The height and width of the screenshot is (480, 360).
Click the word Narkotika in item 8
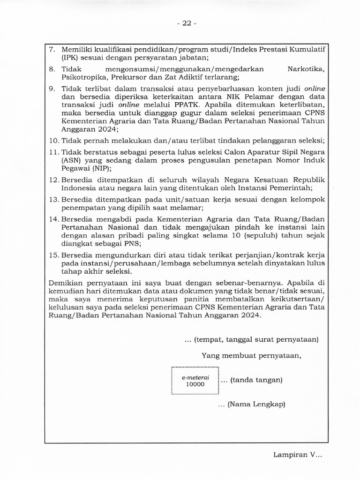tap(305, 69)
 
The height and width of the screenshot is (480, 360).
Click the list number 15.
tap(54, 255)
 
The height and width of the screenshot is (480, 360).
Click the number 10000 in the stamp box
tap(195, 384)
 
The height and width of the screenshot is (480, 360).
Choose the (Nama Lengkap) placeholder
tap(256, 404)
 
